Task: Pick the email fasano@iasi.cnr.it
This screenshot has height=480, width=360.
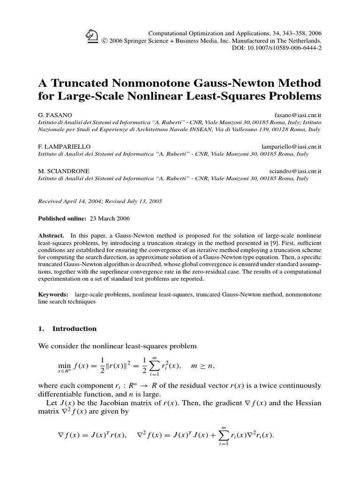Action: tap(297, 114)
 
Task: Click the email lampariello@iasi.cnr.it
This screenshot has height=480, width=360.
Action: tap(291, 147)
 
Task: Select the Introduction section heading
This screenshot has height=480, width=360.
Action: tap(74, 329)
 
